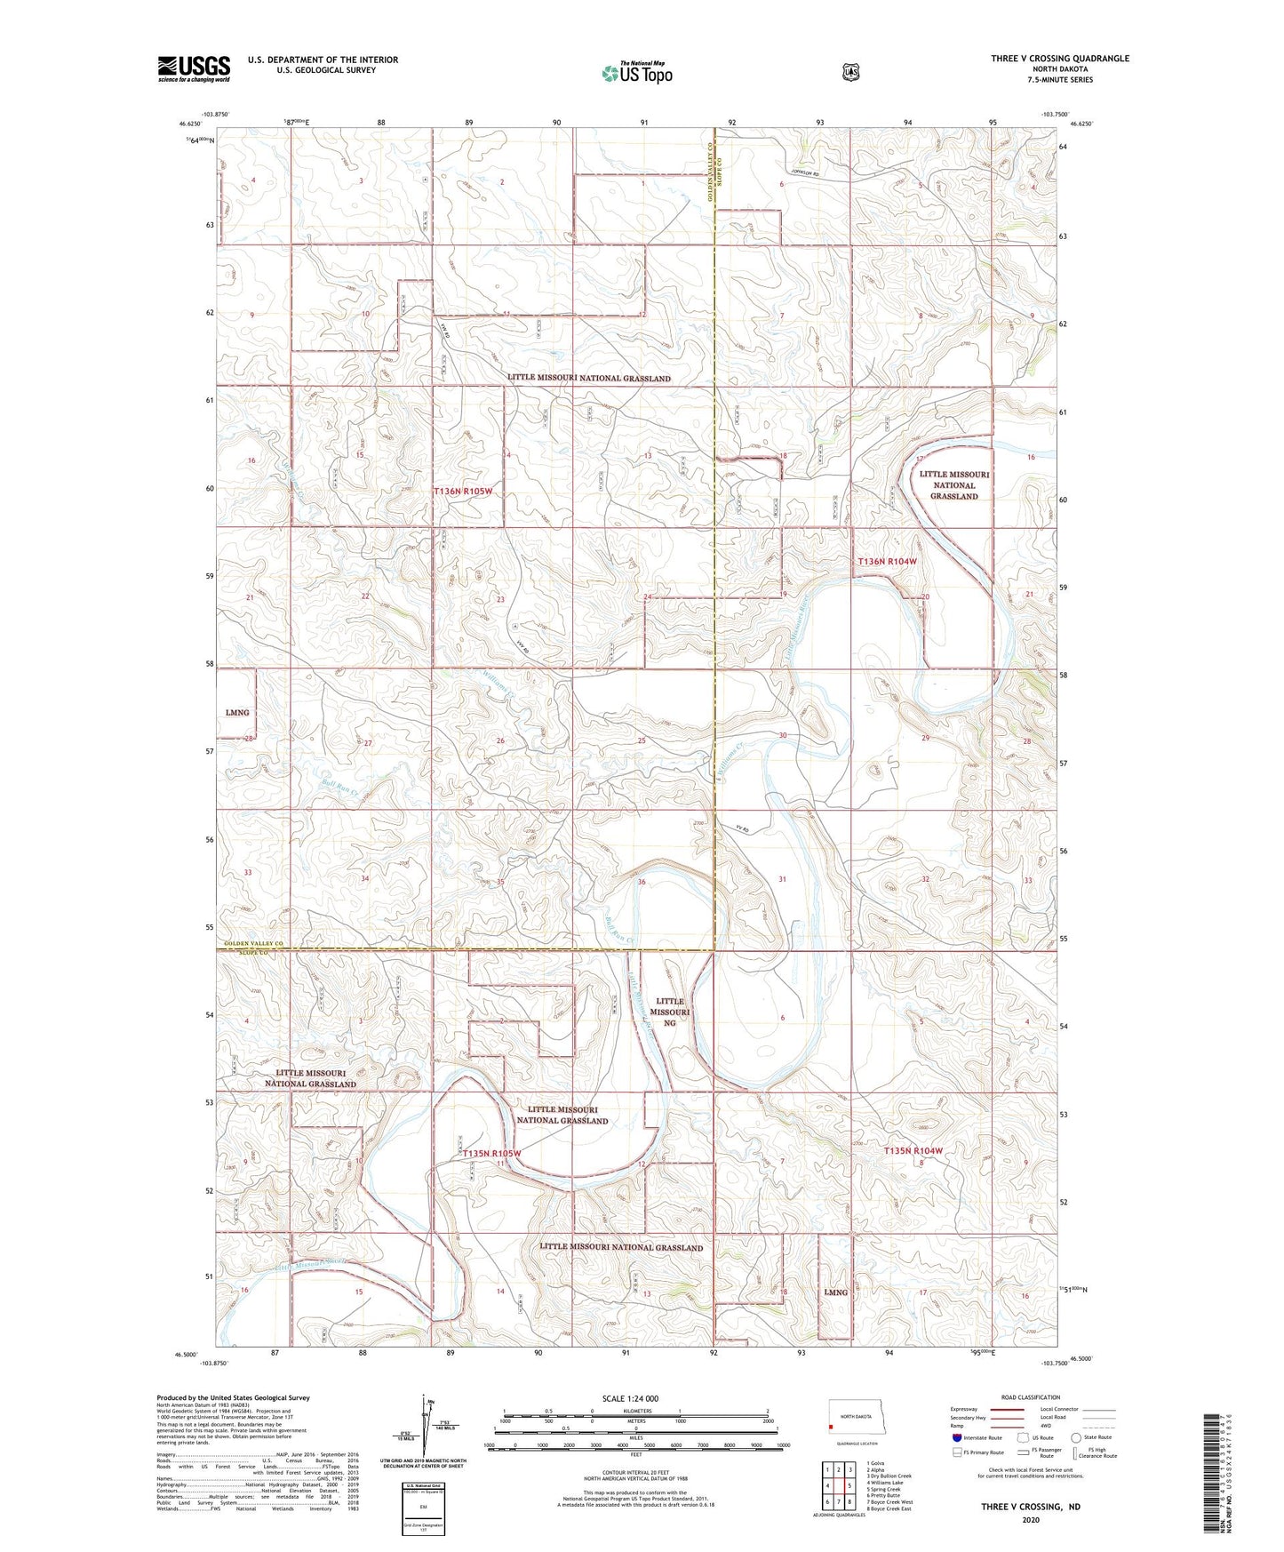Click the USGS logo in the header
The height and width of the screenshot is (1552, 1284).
[194, 68]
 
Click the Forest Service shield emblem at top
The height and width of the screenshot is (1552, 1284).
[850, 71]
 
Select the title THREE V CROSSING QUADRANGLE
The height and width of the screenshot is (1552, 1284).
[1060, 59]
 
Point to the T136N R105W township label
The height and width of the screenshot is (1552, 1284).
[462, 492]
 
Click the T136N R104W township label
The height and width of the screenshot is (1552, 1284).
[886, 562]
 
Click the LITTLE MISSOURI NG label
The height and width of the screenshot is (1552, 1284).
[669, 1012]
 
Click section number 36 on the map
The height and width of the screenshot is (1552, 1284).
[642, 882]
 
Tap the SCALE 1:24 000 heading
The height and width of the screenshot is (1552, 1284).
[630, 1399]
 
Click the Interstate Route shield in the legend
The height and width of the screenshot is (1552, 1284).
[956, 1437]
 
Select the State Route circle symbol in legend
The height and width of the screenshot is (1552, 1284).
[1076, 1437]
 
